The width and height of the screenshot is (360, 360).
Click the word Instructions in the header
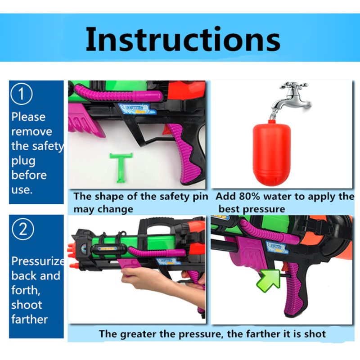[183, 39]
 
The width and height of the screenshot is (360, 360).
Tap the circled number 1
[21, 94]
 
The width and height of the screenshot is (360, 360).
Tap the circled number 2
[23, 229]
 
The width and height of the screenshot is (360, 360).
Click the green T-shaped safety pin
[121, 167]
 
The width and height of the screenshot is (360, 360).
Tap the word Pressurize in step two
[38, 261]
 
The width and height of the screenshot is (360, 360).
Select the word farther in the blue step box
[30, 319]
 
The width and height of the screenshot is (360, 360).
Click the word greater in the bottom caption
[138, 334]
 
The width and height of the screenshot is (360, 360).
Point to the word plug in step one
[23, 161]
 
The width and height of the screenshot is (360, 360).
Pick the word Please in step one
[28, 117]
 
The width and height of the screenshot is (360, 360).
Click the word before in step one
[29, 175]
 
